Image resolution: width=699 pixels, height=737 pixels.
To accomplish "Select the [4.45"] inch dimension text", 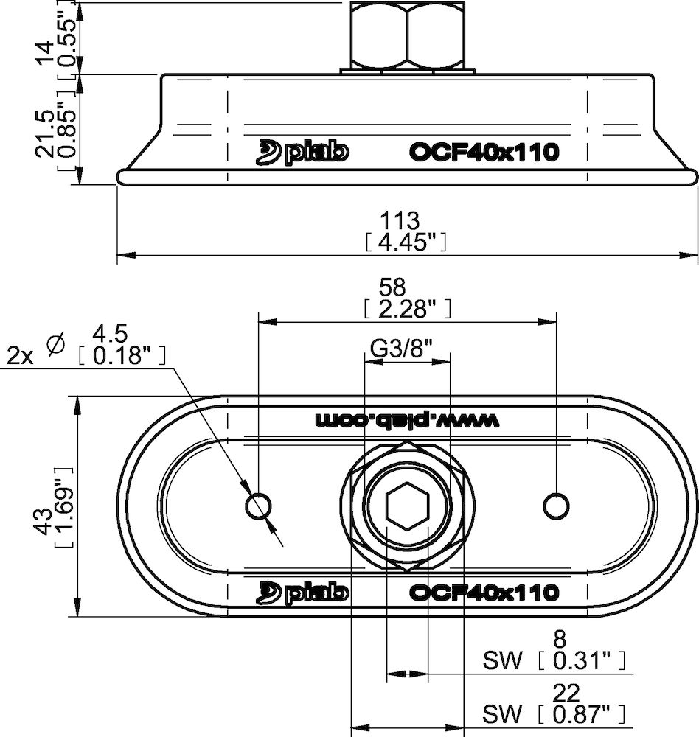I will (x=406, y=242).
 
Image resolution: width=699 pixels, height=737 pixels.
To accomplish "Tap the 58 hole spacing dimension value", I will (x=406, y=287).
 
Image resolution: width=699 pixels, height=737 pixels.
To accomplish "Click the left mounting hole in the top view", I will (x=258, y=506).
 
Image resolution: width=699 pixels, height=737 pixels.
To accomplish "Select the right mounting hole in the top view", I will (x=555, y=506).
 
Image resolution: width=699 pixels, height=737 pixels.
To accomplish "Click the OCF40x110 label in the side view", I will (x=483, y=153).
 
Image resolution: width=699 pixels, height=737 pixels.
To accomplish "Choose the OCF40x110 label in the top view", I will (x=483, y=592).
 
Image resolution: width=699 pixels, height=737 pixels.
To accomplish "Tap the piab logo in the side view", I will (x=302, y=152).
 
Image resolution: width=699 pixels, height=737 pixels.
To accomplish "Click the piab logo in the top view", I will (x=302, y=592).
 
